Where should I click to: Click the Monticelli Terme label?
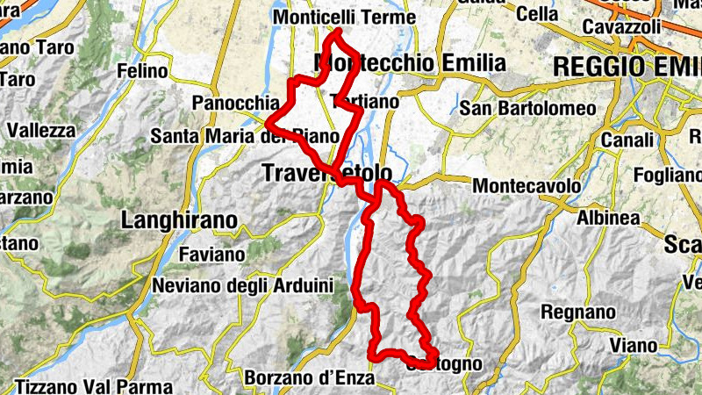click(343, 18)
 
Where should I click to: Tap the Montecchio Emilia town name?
click(410, 63)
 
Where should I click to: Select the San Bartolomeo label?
click(528, 108)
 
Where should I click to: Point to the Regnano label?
click(578, 312)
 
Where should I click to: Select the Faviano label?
click(211, 255)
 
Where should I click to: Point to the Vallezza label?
click(42, 130)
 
